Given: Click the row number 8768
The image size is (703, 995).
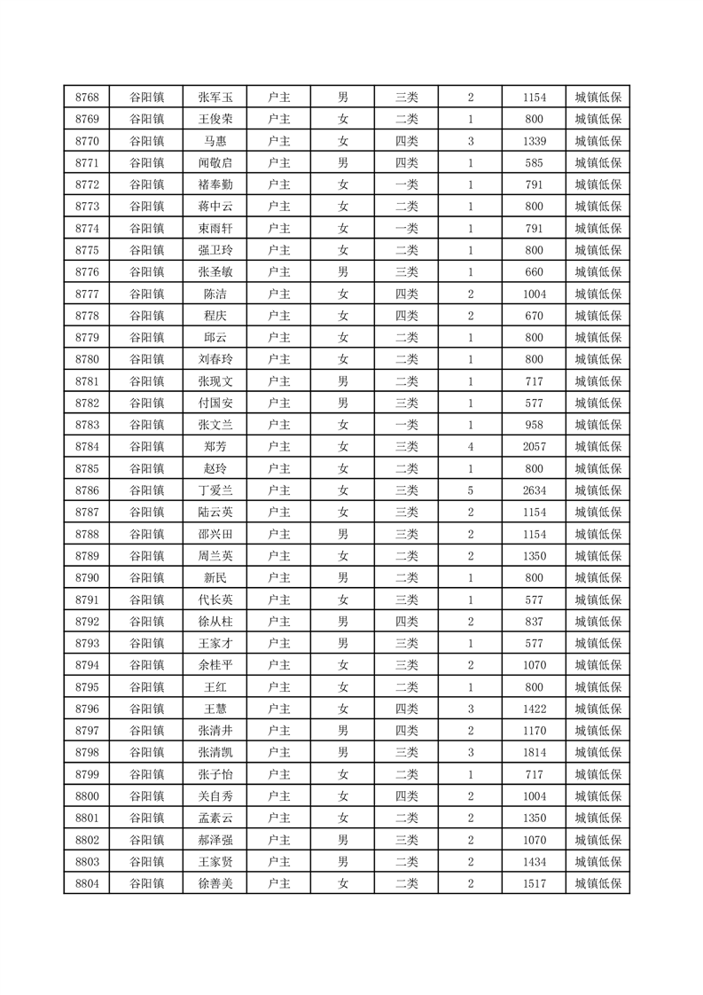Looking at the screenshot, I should [87, 98].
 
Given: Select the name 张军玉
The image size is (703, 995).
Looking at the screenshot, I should [215, 98].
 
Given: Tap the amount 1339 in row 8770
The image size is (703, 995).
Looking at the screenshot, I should [534, 141].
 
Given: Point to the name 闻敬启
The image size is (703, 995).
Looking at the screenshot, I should [215, 163].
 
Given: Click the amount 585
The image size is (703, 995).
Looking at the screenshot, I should [534, 163].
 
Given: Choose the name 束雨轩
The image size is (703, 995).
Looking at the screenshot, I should [215, 229].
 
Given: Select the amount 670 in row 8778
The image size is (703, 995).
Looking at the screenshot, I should [534, 316].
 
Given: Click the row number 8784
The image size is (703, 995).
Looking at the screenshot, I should [87, 447].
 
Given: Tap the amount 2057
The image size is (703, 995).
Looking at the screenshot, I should [534, 447].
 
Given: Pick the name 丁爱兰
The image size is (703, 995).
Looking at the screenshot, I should [215, 490].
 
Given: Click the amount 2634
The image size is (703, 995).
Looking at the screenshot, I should [534, 490].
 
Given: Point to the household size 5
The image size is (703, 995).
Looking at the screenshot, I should [470, 490].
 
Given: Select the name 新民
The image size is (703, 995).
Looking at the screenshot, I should [215, 578].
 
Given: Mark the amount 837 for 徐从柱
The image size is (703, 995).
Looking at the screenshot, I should [534, 622].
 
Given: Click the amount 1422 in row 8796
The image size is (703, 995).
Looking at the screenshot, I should [534, 709].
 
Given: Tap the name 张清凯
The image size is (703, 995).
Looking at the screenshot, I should [215, 753].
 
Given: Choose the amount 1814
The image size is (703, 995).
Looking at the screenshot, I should [534, 753].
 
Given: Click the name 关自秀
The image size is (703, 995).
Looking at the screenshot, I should [215, 796].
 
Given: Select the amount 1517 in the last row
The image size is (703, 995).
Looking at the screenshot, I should [534, 883].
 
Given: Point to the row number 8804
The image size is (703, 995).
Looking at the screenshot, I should [87, 883].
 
